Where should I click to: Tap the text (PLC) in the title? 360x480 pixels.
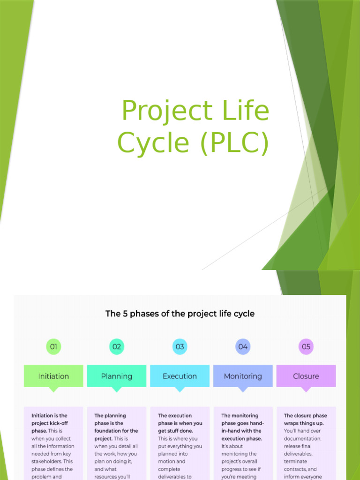tap(235, 142)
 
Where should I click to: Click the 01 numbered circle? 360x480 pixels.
tap(53, 347)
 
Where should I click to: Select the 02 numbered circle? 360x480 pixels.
tap(117, 347)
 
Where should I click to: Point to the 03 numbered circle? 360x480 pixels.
tap(180, 347)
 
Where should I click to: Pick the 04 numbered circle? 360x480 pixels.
tap(243, 347)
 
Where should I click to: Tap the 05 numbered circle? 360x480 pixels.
tap(306, 347)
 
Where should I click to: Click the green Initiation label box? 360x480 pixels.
tap(53, 376)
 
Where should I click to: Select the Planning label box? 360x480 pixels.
tap(117, 376)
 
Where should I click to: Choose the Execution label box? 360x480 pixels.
tap(180, 376)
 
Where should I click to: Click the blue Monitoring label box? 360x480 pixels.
tap(243, 376)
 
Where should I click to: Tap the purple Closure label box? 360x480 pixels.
tap(306, 376)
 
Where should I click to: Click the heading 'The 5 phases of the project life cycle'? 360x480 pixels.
tap(180, 314)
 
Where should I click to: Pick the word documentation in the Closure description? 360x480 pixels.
tap(302, 438)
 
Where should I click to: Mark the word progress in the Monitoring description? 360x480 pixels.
tap(232, 469)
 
